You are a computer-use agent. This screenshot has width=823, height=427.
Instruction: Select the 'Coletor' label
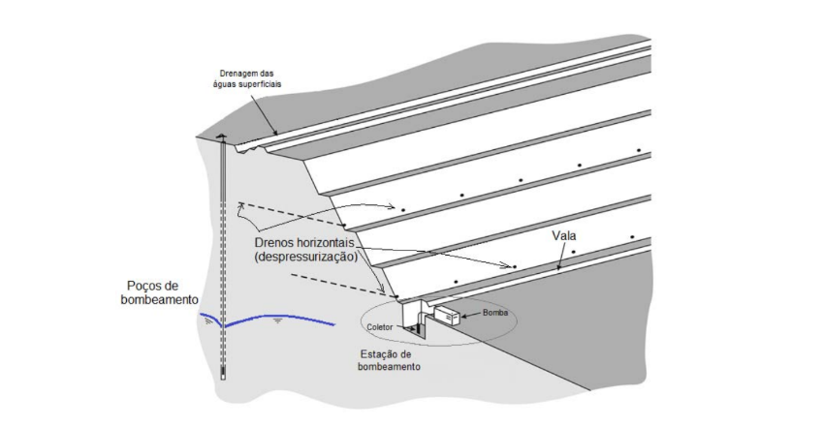click(381, 327)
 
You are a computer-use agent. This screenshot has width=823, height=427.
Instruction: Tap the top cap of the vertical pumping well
click(224, 136)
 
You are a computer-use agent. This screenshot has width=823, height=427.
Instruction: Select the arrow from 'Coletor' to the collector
click(404, 328)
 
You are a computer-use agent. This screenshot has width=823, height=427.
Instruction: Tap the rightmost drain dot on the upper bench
click(639, 151)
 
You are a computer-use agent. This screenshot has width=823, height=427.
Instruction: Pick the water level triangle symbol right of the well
click(279, 318)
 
